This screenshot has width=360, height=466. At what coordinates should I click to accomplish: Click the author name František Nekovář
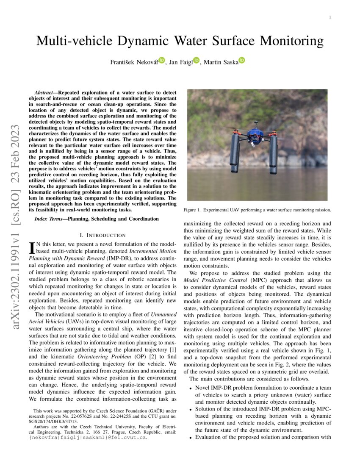134,62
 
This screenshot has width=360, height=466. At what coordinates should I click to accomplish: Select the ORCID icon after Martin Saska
241,61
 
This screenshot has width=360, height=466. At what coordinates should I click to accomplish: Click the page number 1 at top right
330,17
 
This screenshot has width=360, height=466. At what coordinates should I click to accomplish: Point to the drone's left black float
234,153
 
